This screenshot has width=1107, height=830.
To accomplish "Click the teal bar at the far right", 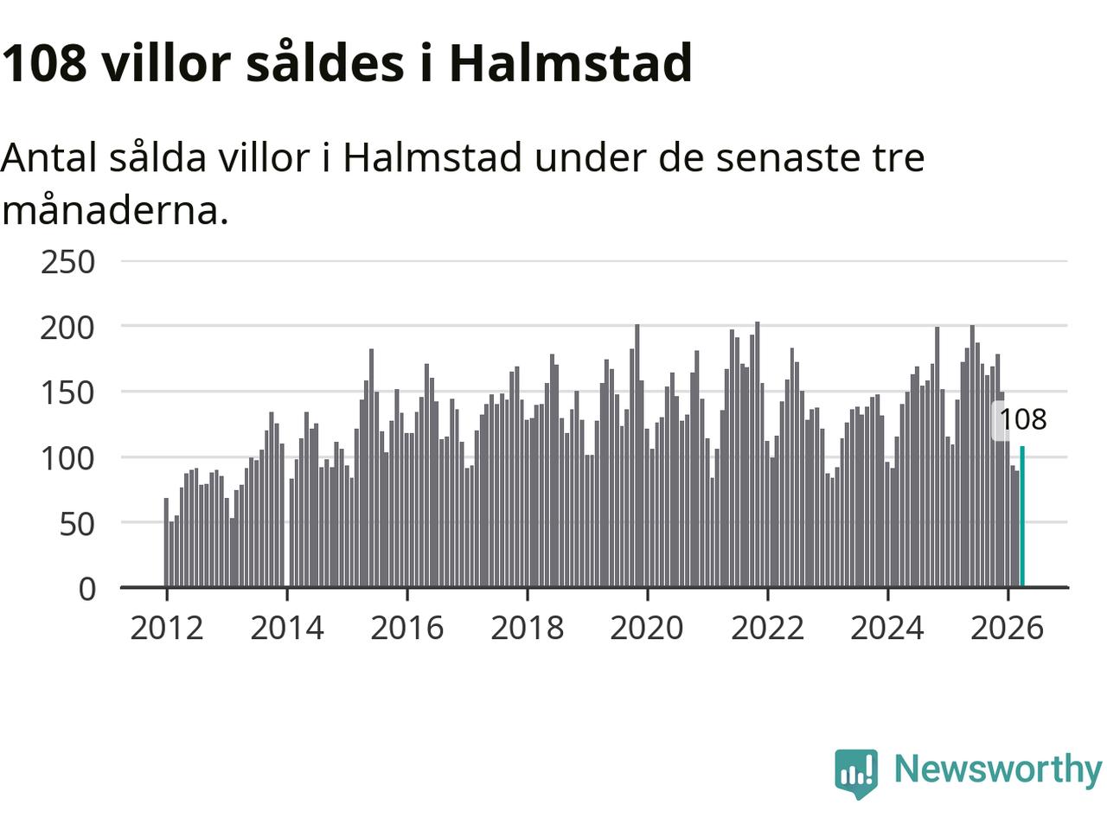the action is click(x=1022, y=516).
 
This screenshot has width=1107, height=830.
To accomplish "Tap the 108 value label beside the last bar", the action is click(x=1023, y=419).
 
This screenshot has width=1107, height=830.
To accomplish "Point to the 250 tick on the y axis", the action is click(x=67, y=262).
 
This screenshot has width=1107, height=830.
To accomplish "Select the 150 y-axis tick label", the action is click(x=67, y=393).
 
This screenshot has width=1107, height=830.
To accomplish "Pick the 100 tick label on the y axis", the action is click(x=67, y=459).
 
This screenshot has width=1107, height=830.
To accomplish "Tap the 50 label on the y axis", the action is click(x=77, y=525).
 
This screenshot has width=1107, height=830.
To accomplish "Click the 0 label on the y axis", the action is click(x=86, y=589).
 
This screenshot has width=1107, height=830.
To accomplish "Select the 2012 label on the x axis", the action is click(x=167, y=628).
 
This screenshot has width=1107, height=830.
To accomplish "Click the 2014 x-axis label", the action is click(x=287, y=628).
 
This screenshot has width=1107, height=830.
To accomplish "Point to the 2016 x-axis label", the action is click(x=407, y=628).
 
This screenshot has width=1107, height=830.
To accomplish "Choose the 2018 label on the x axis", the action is click(x=527, y=628).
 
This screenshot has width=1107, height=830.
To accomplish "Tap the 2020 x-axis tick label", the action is click(x=647, y=628).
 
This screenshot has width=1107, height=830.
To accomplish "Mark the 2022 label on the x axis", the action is click(x=767, y=628).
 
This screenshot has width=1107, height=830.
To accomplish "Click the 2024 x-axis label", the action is click(x=887, y=628).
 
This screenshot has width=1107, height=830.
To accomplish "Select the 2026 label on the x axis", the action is click(x=1008, y=628).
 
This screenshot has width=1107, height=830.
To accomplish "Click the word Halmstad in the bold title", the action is click(x=571, y=62).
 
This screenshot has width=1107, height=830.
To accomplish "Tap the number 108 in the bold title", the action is click(x=44, y=63).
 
